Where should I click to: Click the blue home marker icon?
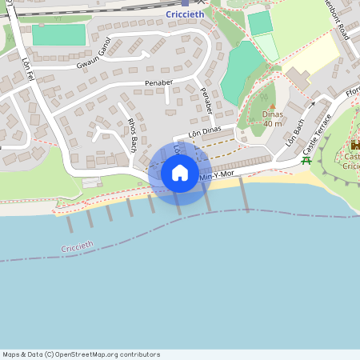180,173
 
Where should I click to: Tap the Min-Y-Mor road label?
216,174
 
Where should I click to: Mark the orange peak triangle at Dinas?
273,106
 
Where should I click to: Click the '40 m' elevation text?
273,123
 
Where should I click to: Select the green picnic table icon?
306,160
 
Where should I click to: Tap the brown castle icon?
354,146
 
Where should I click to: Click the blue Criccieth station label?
186,14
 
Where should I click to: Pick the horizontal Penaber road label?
158,82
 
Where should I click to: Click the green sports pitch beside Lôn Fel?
58,34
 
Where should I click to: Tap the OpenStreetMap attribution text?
81,354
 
